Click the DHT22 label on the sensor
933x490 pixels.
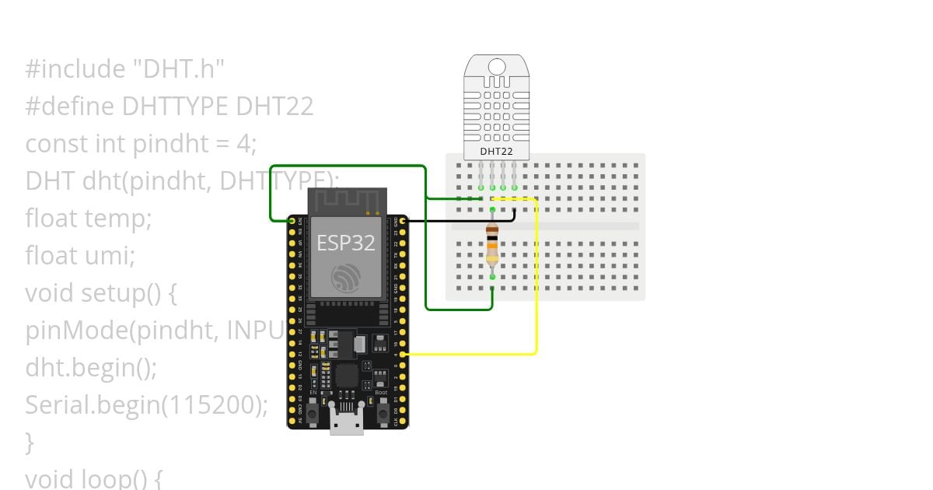tap(496, 151)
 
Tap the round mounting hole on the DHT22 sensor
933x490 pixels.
tap(496, 66)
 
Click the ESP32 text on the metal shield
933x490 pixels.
tap(346, 243)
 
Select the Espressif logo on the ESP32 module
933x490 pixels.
tap(346, 277)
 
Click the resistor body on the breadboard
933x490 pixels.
tap(492, 243)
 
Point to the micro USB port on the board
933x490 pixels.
tap(347, 425)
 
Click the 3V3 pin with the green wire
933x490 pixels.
tap(293, 221)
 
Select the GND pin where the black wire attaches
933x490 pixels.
tap(401, 221)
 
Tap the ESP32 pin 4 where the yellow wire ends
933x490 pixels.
tap(401, 354)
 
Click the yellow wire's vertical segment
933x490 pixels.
tap(536, 280)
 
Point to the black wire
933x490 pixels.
tap(459, 221)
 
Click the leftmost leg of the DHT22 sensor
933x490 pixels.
tap(481, 175)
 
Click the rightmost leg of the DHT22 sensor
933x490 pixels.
tap(514, 175)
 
